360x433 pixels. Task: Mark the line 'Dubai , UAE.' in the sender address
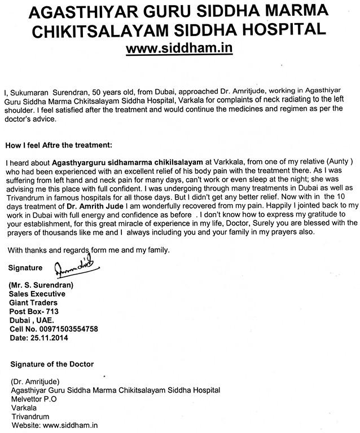pyautogui.click(x=31, y=319)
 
